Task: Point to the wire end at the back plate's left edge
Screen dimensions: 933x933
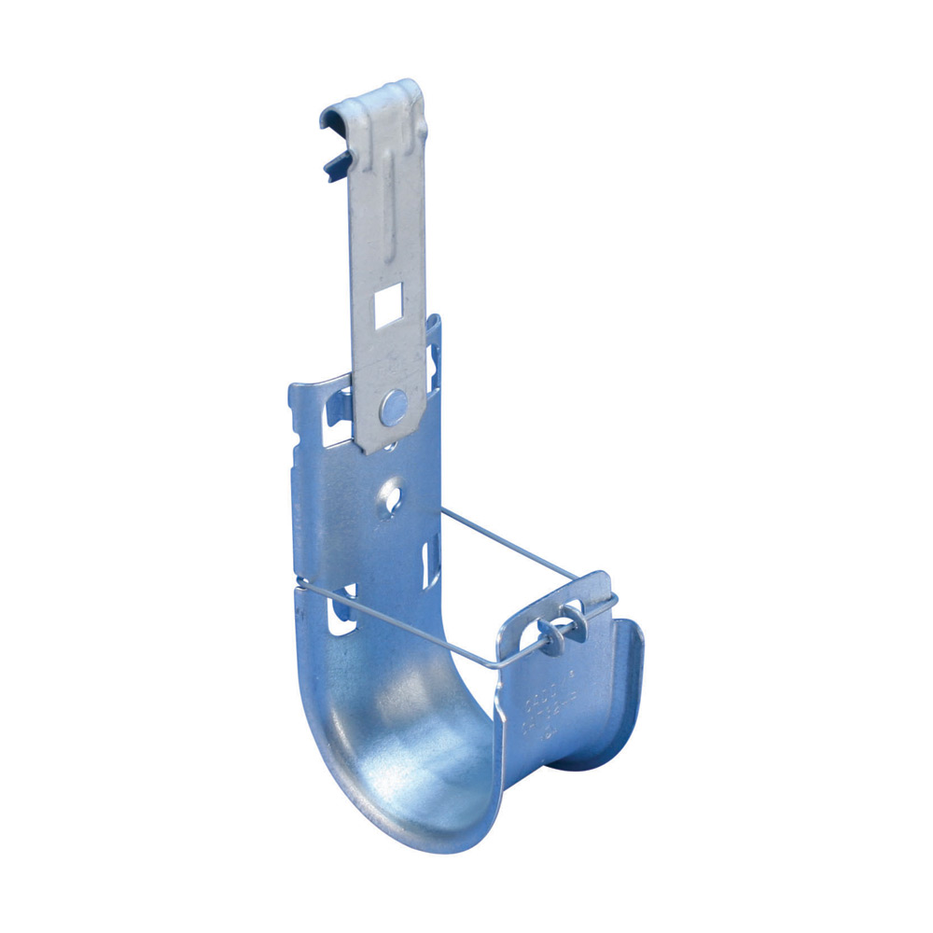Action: (299, 587)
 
